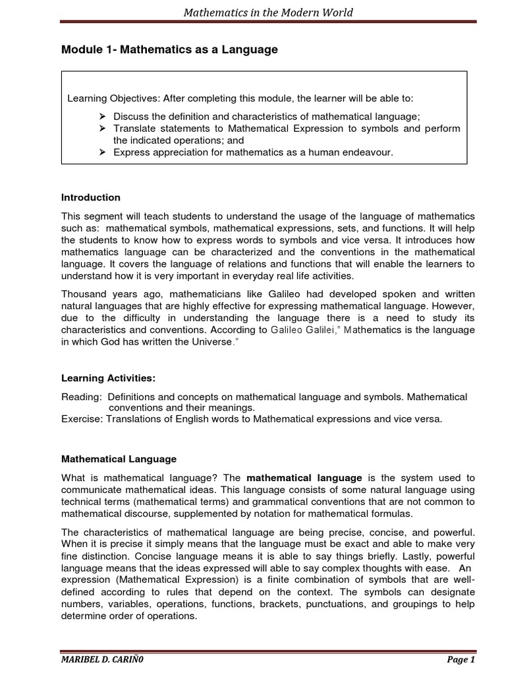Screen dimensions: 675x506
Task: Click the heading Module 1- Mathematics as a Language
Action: (169, 50)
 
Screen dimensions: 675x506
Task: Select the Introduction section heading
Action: (91, 197)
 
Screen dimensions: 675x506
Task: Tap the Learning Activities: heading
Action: (101, 378)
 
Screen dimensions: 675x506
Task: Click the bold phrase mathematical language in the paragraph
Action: (304, 477)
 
